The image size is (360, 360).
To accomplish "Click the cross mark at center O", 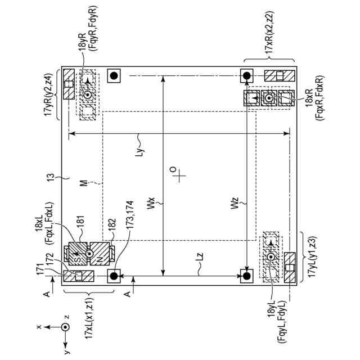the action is click(181, 176).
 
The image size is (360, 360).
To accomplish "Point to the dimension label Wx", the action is click(151, 204).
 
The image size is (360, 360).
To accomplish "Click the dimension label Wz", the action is click(235, 204).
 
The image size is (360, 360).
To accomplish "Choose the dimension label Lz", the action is click(200, 256).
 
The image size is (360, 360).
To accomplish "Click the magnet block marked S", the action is click(78, 254).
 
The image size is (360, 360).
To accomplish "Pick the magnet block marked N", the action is click(100, 254).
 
